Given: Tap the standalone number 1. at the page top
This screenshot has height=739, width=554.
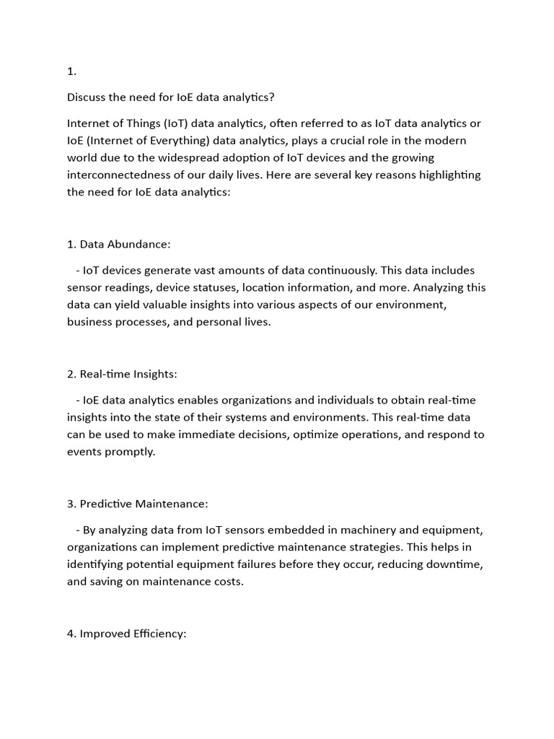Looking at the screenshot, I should (71, 71).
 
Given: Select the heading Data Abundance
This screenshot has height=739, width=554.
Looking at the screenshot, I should (124, 244).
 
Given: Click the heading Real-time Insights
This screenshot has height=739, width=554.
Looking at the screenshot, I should (128, 374).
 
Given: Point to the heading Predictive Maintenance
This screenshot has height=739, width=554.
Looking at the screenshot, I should (144, 504).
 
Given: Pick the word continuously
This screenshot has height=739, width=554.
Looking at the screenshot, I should (342, 270).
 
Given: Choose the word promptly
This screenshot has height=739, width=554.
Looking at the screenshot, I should (131, 452).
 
